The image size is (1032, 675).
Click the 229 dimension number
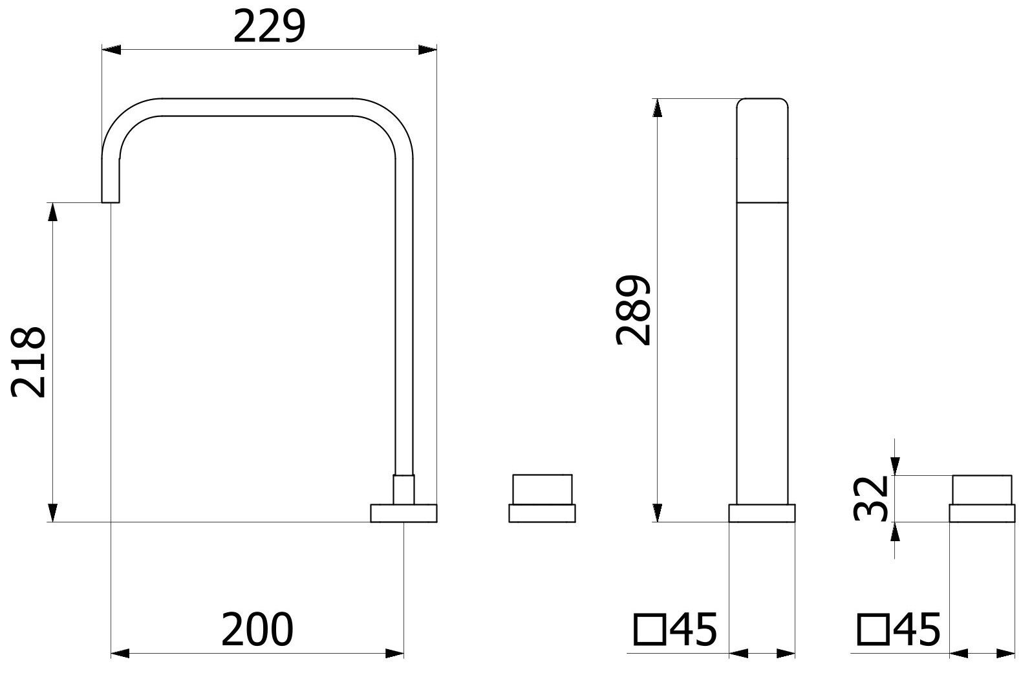[269, 28]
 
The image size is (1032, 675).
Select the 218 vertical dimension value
[29, 362]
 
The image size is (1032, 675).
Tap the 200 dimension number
[257, 630]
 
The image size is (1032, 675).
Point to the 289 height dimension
[632, 310]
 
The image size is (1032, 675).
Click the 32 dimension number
[869, 498]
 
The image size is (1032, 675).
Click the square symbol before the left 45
[649, 630]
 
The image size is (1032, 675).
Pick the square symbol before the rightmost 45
[872, 630]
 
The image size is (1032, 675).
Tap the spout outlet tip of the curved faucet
[111, 198]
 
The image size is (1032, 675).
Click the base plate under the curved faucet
[403, 513]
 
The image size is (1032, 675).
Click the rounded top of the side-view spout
[762, 103]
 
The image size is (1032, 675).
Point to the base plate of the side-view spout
[762, 513]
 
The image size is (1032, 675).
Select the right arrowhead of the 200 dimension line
[396, 654]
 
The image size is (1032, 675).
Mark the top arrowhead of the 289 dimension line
[658, 107]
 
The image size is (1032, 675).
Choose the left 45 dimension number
[694, 630]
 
